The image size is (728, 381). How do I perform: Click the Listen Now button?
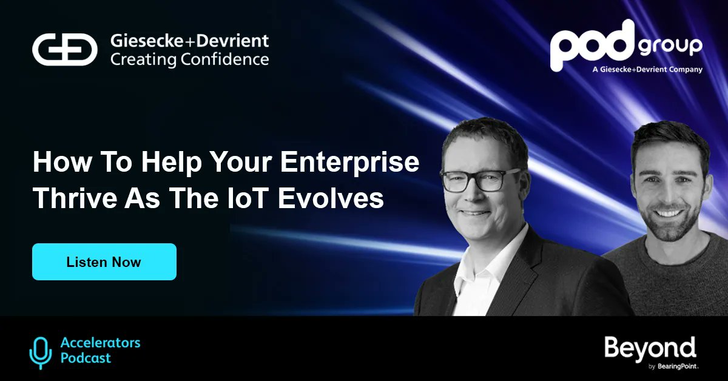tap(104, 262)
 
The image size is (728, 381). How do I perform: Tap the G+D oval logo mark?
tap(65, 50)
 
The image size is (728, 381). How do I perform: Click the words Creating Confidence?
tap(189, 59)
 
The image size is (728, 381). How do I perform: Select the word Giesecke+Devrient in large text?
tap(189, 41)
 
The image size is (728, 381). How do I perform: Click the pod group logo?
tap(625, 46)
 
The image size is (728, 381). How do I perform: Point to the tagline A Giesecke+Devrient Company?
tap(647, 70)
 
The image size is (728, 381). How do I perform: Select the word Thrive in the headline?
tap(69, 198)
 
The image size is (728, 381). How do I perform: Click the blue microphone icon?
tap(41, 352)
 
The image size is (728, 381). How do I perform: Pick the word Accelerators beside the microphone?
tap(100, 343)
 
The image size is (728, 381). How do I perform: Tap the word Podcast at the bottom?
tap(86, 358)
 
